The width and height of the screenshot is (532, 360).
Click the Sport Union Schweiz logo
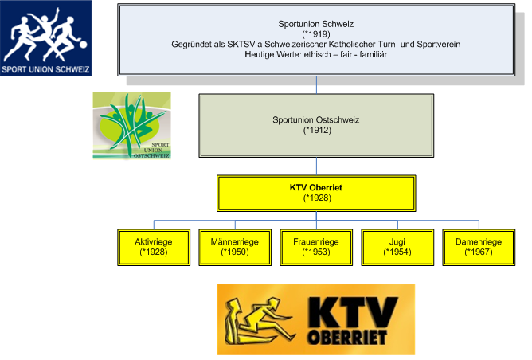tap(46, 37)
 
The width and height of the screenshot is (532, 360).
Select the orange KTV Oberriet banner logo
tap(315, 319)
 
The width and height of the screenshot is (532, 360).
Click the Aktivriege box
tap(154, 246)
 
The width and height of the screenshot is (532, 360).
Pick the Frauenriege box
tap(316, 246)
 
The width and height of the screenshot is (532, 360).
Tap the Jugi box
tap(397, 246)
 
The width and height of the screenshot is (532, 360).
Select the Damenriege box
tap(479, 246)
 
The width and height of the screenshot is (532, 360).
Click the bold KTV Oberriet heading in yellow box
tap(316, 188)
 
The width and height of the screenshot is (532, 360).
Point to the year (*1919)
tap(316, 34)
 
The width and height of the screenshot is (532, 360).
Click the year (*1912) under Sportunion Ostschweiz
tap(316, 129)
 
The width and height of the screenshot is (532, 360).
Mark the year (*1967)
tap(479, 252)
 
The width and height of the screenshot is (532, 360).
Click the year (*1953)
tap(316, 252)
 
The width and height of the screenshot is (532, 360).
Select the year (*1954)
tap(397, 252)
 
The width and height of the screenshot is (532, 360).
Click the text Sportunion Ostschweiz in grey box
tap(316, 119)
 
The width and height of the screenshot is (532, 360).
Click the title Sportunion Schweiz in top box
tap(316, 25)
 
